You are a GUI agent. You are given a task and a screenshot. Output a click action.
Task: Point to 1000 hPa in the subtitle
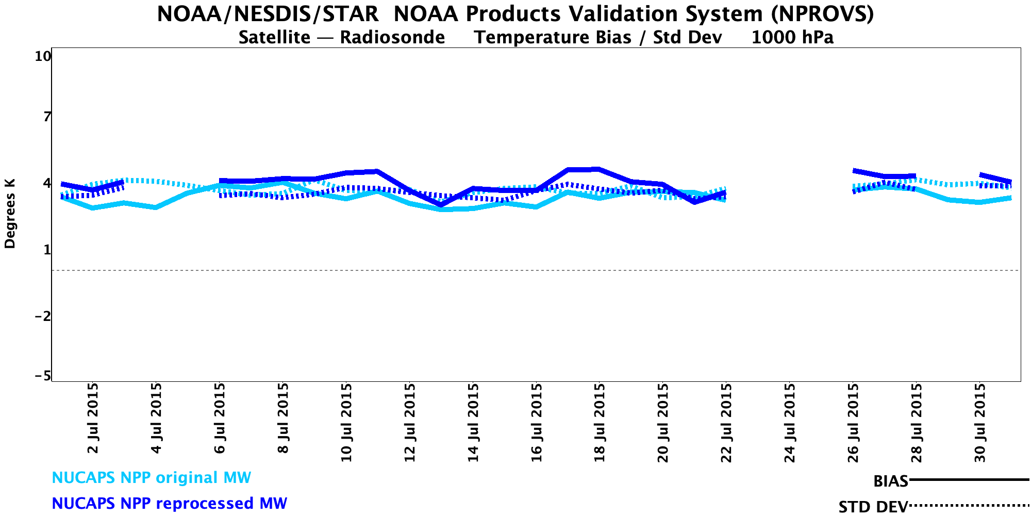coord(792,38)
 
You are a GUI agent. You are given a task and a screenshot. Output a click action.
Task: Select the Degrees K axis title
coord(10,214)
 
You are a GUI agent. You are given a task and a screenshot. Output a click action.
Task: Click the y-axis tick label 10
coord(43,56)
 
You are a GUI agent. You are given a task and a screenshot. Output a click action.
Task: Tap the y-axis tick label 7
coord(47,117)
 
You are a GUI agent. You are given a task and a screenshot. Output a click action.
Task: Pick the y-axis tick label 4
coord(47,183)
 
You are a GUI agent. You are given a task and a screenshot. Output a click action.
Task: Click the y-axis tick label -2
coord(43,316)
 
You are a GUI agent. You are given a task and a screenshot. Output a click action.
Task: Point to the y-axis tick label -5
coord(43,376)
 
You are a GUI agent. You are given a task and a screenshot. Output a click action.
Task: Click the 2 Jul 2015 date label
coord(93,418)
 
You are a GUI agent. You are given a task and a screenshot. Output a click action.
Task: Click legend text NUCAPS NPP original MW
coord(152,478)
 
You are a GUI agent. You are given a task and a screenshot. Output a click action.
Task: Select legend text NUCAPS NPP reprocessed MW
coord(170,503)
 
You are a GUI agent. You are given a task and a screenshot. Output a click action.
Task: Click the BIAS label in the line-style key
coord(890,481)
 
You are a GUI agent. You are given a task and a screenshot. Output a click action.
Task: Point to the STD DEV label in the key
coord(873,507)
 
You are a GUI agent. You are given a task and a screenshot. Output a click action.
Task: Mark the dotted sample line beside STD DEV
coord(969,506)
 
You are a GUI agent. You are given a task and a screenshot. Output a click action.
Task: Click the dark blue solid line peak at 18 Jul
coord(598,169)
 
